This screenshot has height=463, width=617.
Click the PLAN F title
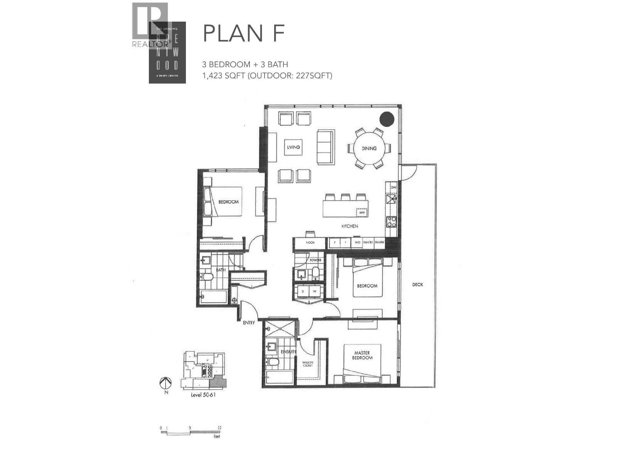click(244, 34)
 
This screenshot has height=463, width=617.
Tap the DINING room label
click(369, 148)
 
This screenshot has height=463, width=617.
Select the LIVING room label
click(293, 147)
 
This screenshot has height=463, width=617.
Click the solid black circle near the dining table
click(386, 119)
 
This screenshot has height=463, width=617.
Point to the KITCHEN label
click(350, 226)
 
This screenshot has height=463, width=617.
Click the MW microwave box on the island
click(362, 213)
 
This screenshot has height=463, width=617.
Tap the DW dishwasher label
click(393, 188)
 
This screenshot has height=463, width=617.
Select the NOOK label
click(310, 243)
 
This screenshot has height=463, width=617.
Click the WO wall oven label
click(357, 243)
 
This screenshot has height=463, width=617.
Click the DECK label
click(418, 285)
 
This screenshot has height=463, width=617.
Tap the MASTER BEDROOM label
click(362, 355)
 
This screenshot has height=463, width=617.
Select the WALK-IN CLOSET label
click(307, 363)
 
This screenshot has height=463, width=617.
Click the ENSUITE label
click(288, 352)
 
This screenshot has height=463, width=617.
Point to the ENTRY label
click(249, 323)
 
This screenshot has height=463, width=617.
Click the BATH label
click(221, 270)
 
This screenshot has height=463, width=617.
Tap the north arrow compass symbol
click(165, 383)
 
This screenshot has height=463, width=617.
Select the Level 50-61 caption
click(203, 395)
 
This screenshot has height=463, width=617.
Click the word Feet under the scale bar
click(217, 436)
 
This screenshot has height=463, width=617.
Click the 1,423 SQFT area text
click(224, 76)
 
